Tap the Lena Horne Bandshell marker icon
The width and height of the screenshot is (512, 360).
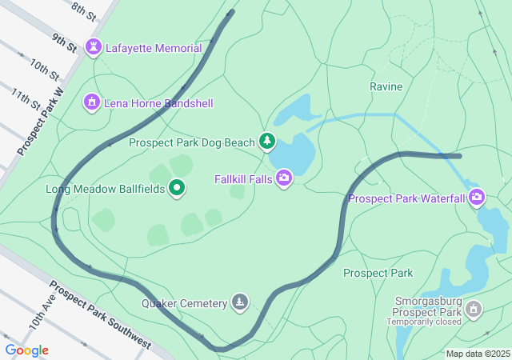92,103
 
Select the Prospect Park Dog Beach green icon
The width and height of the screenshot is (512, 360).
267,142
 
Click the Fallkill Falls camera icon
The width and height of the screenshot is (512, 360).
284,178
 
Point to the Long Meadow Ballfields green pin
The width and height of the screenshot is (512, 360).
178,189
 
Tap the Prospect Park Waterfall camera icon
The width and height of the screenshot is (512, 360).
478,197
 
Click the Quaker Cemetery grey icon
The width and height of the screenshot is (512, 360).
240,302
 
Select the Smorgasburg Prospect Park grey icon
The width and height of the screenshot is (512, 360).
474,309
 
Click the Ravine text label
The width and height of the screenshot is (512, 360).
386,86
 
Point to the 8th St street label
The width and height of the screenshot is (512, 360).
83,10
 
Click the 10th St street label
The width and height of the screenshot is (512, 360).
45,70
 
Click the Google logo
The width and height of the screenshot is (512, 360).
26,350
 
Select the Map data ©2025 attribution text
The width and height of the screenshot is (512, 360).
478,354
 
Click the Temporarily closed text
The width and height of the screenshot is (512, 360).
424,322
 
